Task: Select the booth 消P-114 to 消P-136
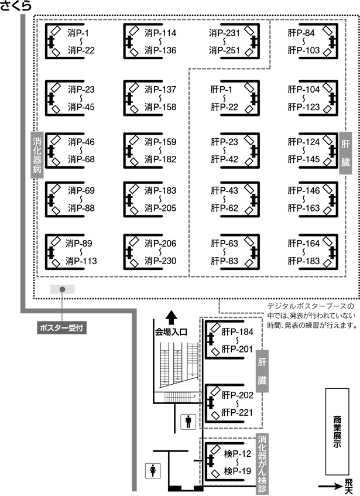tap(150, 41)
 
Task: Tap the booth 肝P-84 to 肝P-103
tap(313, 41)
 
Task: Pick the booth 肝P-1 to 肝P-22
tap(235, 98)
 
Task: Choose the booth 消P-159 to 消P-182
tap(150, 150)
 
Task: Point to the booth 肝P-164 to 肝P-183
tap(313, 252)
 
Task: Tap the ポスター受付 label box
tap(61, 328)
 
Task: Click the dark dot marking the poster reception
tap(63, 289)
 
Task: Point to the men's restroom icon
tap(188, 422)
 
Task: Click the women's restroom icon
tap(153, 470)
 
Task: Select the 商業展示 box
tap(337, 432)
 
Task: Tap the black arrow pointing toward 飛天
tap(330, 487)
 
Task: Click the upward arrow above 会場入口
tap(172, 317)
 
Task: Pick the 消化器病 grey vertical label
tap(37, 155)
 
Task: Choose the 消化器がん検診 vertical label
tap(262, 464)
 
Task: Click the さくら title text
tap(16, 6)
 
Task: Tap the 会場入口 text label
tap(171, 332)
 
